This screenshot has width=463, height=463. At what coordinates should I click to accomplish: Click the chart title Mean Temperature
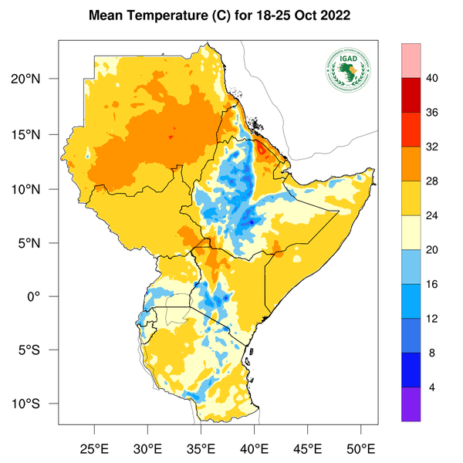[x=218, y=15]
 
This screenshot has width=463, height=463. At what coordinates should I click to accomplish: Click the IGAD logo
[x=347, y=69]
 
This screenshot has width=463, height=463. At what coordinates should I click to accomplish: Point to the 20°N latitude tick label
[x=35, y=79]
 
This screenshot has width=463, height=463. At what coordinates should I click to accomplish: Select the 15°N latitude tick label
[x=35, y=134]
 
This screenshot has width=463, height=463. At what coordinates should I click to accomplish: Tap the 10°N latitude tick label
[x=35, y=189]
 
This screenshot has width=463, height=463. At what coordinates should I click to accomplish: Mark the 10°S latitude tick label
[x=35, y=404]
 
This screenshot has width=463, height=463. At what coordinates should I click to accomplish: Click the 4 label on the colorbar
[x=434, y=387]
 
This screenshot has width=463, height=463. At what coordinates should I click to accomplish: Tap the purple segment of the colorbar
[x=411, y=404]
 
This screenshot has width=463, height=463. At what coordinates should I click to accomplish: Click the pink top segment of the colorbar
[x=411, y=60]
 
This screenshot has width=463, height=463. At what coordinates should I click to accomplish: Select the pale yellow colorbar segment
[x=411, y=232]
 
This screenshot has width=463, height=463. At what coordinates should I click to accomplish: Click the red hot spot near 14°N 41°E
[x=263, y=146]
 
